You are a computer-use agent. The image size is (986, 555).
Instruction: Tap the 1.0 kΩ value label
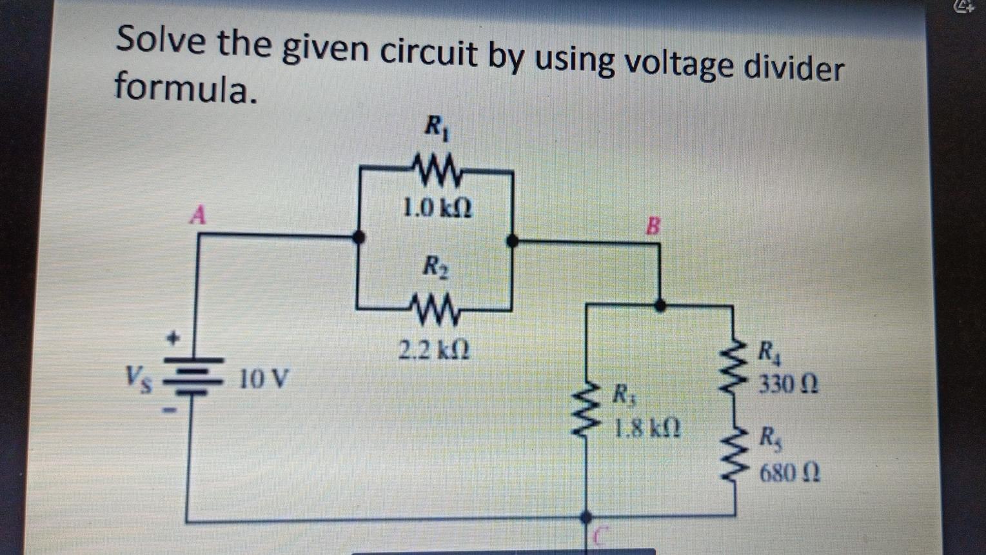(x=437, y=208)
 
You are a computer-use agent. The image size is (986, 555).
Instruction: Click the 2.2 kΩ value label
(x=433, y=351)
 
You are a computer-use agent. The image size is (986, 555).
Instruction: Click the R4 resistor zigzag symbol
(x=733, y=368)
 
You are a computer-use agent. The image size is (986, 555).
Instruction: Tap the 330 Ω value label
(x=788, y=385)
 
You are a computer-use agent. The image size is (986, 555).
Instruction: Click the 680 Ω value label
(x=789, y=473)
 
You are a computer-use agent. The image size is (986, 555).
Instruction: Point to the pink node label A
(x=198, y=215)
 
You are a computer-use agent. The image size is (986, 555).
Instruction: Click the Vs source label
(x=139, y=375)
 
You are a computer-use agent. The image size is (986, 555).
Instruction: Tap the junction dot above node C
(x=586, y=516)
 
